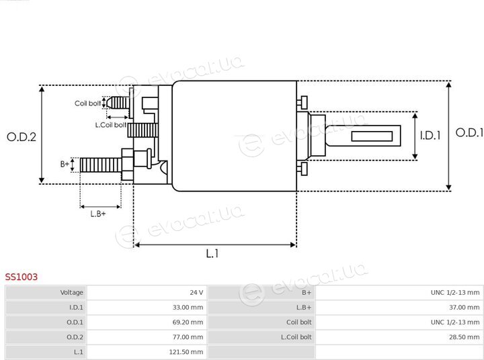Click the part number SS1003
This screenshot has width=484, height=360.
pos(22,277)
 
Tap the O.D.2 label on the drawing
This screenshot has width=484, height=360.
pos(22,136)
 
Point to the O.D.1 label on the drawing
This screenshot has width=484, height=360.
pos(469,132)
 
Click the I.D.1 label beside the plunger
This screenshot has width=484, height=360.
pos(430,136)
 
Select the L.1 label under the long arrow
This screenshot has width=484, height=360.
pos(212,254)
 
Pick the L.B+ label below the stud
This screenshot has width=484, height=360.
pos(98,214)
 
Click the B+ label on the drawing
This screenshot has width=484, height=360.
pos(65,164)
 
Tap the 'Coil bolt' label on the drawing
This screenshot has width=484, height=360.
pos(87,103)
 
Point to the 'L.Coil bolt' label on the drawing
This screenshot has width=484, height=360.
pos(111,125)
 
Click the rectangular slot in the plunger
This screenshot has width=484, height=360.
pos(372,136)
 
